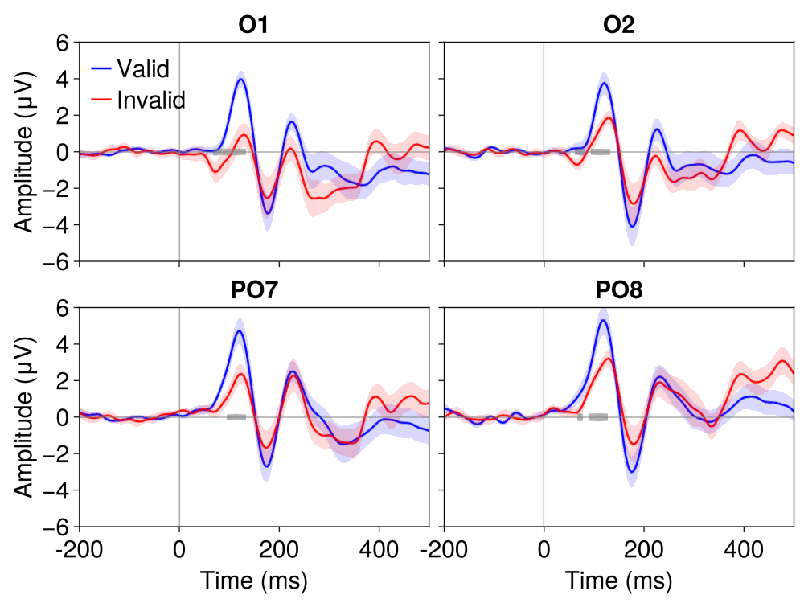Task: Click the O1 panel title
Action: tap(253, 25)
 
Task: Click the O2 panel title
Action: tap(618, 25)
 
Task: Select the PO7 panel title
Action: tap(253, 290)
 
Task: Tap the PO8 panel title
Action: tap(618, 290)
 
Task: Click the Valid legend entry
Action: tap(142, 69)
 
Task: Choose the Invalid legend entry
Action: tap(150, 100)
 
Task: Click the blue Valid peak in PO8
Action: tap(603, 321)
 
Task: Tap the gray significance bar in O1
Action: tap(230, 152)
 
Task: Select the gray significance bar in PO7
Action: tap(236, 417)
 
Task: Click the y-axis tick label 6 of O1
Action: tap(62, 43)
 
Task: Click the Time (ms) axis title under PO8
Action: tap(618, 580)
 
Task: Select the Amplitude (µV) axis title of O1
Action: tap(24, 152)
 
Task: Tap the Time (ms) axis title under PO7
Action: tap(253, 580)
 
